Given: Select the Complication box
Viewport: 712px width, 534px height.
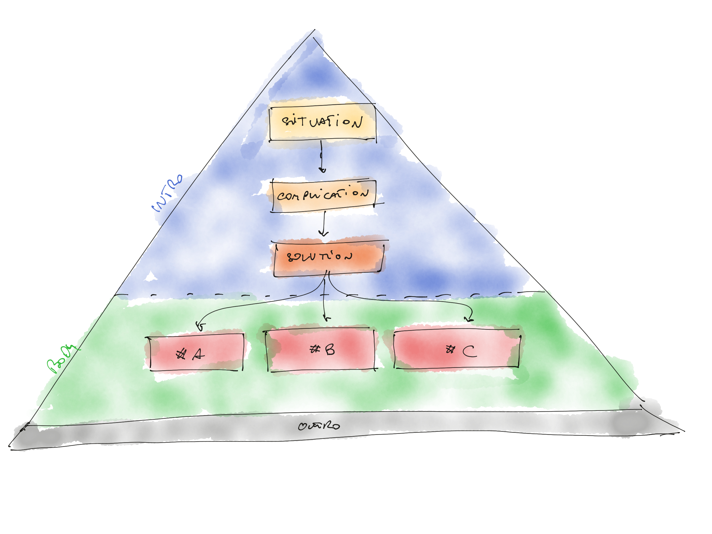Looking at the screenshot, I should [x=323, y=196].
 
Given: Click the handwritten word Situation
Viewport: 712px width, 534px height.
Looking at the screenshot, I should [x=322, y=122].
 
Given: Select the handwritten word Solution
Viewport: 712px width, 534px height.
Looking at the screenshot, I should [x=319, y=257].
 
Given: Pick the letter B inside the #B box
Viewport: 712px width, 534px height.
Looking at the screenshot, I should [x=330, y=350].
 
